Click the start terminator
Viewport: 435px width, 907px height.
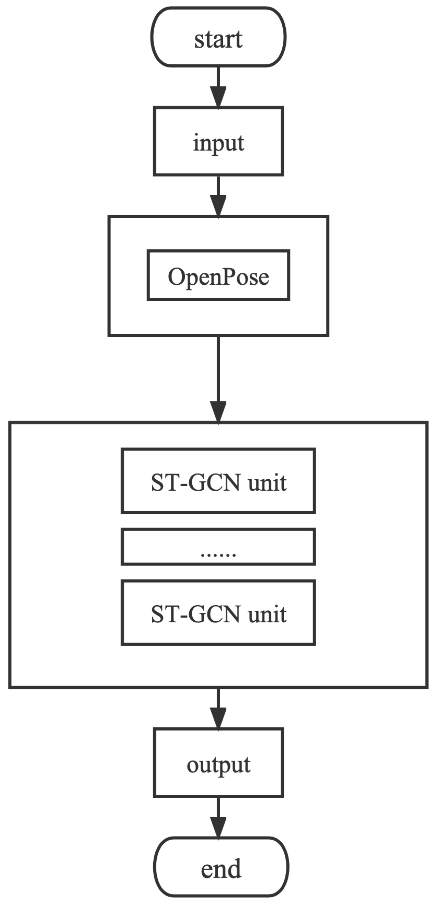(218, 37)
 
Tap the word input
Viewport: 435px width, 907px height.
(218, 143)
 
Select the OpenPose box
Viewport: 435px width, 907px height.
(218, 275)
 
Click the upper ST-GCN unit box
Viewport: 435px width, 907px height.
(218, 481)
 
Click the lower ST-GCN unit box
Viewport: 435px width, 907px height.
(218, 613)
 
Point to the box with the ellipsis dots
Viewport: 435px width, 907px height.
(218, 546)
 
